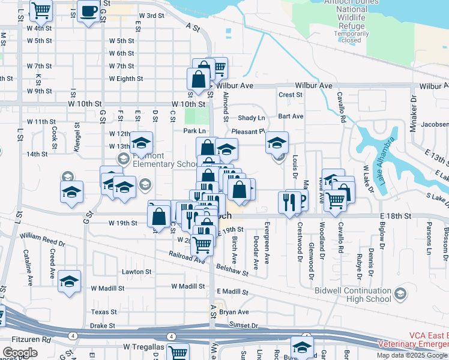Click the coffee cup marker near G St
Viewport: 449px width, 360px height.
coord(89,11)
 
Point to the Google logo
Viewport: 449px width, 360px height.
coord(20,353)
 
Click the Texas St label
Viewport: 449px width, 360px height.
coord(104,312)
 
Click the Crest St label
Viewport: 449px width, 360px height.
coord(289,95)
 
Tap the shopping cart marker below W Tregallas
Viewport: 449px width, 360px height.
coord(178,353)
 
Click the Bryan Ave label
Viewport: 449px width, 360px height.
coord(234,312)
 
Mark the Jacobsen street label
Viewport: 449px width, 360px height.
coord(435,125)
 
